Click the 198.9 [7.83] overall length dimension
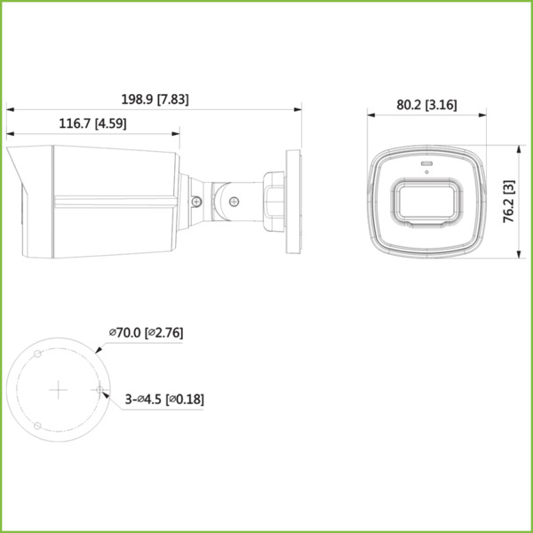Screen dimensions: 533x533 (155, 99)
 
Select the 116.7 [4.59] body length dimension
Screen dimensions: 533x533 (93, 125)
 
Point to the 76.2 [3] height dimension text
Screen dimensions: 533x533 (510, 202)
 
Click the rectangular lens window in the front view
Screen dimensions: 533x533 (428, 202)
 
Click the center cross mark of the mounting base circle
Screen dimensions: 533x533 (58, 389)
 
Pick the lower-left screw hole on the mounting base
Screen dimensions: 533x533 (36, 425)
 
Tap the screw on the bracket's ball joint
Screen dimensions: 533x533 (233, 202)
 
